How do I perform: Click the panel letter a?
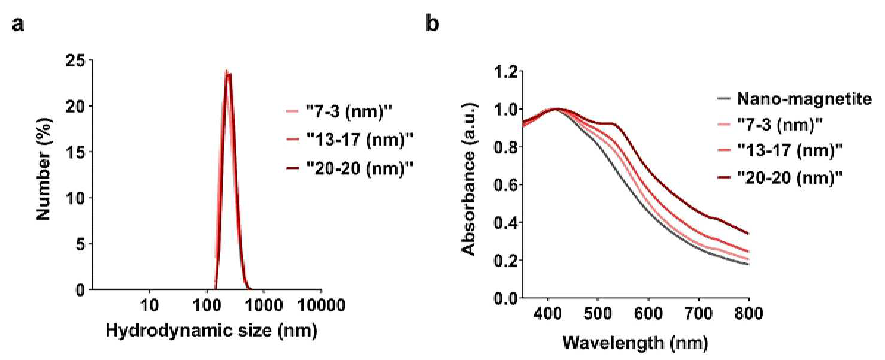click(x=18, y=25)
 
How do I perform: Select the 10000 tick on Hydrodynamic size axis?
click(x=321, y=305)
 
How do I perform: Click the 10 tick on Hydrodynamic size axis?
click(x=149, y=305)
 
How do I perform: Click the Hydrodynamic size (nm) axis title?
click(x=211, y=331)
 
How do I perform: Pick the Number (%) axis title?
click(x=44, y=169)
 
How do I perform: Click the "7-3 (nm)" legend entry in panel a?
click(x=339, y=112)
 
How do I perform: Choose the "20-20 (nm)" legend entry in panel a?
click(x=349, y=169)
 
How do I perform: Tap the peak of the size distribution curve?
click(x=226, y=71)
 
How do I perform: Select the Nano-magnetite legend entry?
click(x=794, y=98)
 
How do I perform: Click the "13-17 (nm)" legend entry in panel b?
click(x=780, y=150)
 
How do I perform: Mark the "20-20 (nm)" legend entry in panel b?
click(x=780, y=177)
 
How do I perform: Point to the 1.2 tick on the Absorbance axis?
click(x=506, y=71)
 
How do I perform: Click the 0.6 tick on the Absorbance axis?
click(x=506, y=184)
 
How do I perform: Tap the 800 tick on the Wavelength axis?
click(x=748, y=314)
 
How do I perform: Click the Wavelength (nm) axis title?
click(x=635, y=343)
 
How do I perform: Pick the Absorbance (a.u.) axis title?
click(x=469, y=180)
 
